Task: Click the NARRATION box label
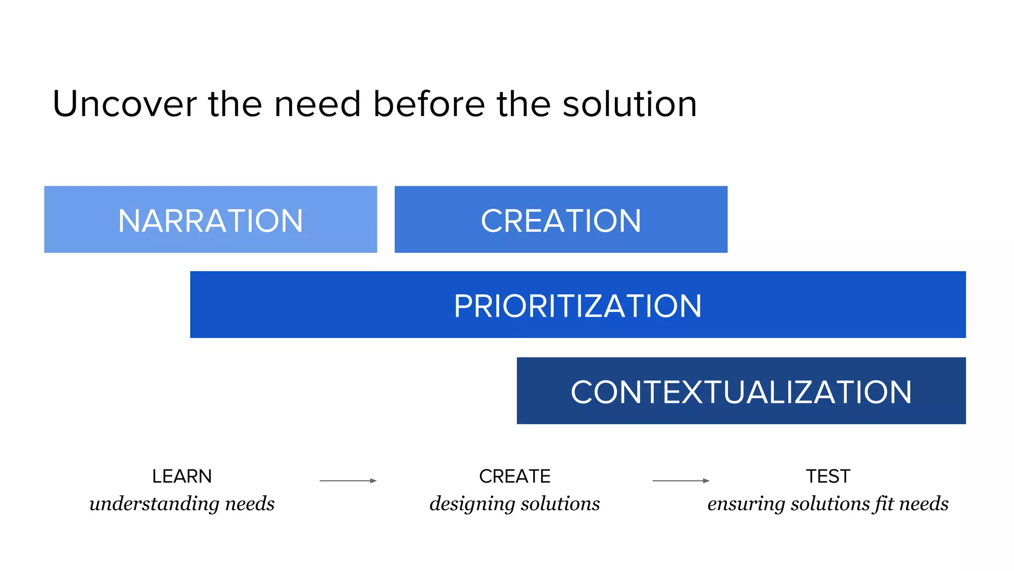(210, 221)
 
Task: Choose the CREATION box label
(561, 221)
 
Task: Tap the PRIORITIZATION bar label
(578, 306)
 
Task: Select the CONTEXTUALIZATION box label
(741, 392)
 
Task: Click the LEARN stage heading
(182, 476)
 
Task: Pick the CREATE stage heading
(514, 476)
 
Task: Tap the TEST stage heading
(828, 476)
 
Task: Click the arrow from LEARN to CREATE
(348, 480)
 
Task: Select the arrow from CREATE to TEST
(681, 480)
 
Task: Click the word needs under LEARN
(250, 504)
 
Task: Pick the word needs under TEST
(924, 504)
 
